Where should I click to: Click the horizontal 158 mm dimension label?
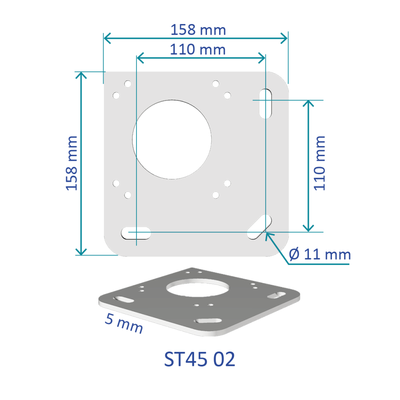[198, 30]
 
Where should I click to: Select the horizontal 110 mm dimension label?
[198, 50]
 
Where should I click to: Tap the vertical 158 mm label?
[72, 163]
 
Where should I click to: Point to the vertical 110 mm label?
[320, 163]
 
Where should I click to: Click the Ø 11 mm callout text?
[320, 254]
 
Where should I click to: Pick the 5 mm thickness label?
[124, 323]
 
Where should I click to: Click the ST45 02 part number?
[200, 359]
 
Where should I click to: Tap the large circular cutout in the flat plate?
[172, 140]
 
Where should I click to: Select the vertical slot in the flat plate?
[265, 104]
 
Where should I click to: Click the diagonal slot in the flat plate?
[259, 227]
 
